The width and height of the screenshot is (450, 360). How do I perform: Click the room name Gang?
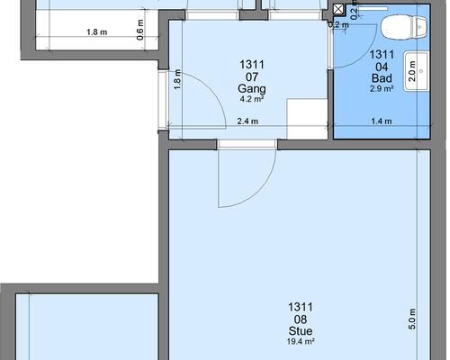pos(252,89)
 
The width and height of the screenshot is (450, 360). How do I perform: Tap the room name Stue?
pos(301,331)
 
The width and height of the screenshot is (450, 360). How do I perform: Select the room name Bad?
pos(382,78)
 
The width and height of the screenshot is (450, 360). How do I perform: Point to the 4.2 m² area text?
pos(252,99)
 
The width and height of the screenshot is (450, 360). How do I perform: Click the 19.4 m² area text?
pos(301,341)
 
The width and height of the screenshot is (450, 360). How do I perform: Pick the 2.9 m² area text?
pos(382,88)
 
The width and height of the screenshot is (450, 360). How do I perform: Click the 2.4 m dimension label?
pos(247,121)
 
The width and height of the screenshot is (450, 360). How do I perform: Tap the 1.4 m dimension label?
pos(382,121)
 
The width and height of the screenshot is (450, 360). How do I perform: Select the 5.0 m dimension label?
pos(412,319)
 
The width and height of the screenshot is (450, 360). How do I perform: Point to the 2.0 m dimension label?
pos(412,71)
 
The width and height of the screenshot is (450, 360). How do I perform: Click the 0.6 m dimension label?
pos(139,30)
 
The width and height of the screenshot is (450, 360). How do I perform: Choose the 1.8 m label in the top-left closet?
pos(97,31)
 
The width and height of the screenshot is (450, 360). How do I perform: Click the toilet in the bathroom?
pos(404,27)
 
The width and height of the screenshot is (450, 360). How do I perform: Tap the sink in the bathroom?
pos(417,71)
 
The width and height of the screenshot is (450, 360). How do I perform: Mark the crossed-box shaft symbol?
pos(338,9)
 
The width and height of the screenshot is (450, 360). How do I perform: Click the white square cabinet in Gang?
pos(307,119)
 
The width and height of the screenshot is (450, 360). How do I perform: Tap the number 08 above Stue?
pos(301,319)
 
